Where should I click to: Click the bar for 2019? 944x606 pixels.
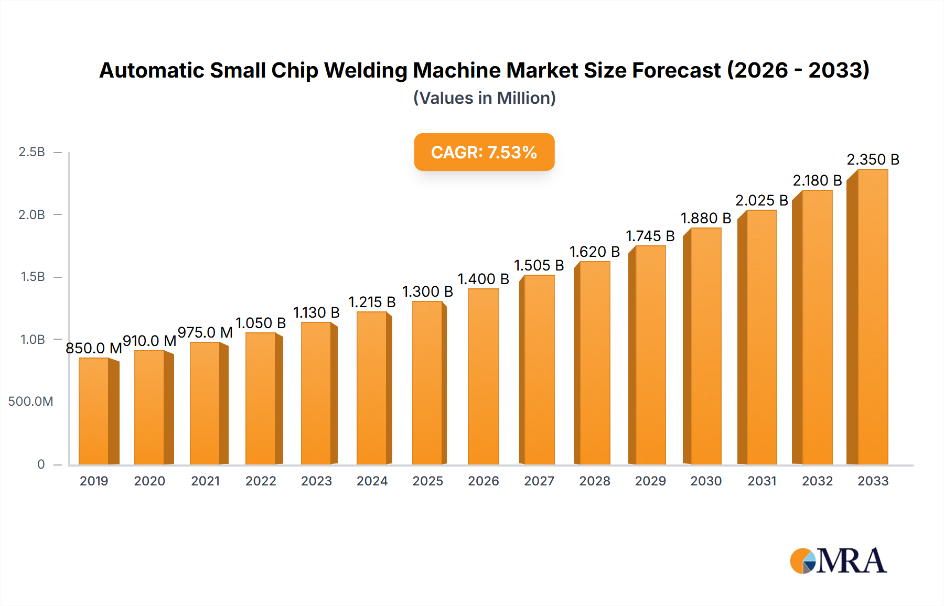tap(94, 412)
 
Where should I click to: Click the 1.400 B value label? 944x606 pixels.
tap(483, 279)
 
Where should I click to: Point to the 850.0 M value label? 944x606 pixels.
tap(94, 348)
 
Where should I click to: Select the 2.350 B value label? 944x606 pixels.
tap(873, 159)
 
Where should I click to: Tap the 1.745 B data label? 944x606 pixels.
tap(650, 236)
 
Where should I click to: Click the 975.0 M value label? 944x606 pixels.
tap(205, 332)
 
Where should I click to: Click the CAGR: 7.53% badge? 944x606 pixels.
tap(484, 152)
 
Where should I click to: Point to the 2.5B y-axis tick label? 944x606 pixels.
tap(31, 152)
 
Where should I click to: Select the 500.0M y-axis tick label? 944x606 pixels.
tap(30, 402)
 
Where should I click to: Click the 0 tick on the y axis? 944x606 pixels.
tap(41, 464)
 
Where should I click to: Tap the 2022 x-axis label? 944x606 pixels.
tap(261, 481)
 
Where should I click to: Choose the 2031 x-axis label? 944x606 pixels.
tap(761, 481)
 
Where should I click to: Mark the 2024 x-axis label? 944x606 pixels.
tap(372, 481)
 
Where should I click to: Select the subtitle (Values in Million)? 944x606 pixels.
tap(484, 98)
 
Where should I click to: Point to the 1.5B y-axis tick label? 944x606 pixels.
tap(33, 277)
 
